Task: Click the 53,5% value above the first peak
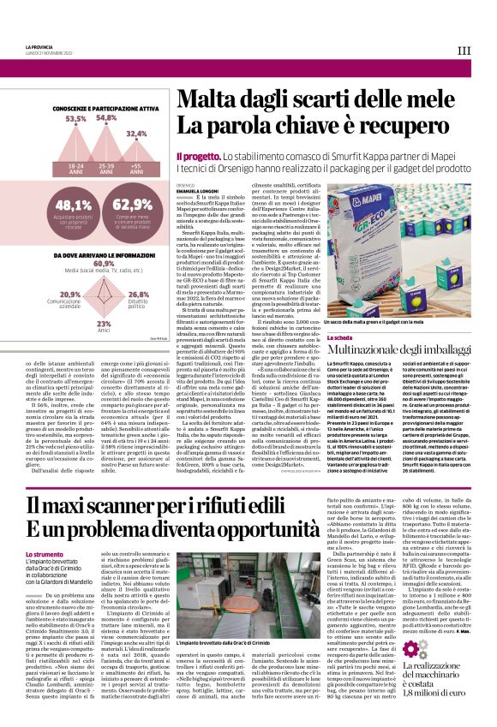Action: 75,120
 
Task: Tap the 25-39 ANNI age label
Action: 107,169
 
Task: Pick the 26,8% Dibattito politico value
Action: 137,295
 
